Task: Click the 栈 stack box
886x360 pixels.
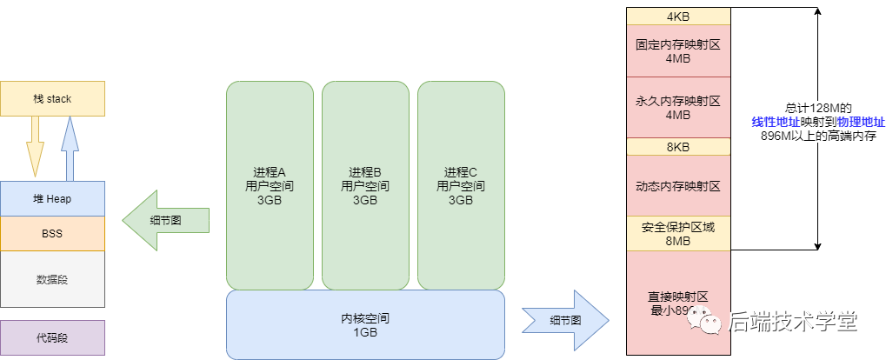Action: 52,99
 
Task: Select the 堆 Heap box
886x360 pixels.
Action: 52,199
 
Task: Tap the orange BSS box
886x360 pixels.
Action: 52,234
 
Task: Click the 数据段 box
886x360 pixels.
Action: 52,279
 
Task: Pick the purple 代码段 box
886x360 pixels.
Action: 52,337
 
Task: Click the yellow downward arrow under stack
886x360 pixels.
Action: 34,147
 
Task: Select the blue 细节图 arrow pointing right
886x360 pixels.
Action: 565,320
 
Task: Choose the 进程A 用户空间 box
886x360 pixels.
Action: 270,185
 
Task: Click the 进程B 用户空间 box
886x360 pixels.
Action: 365,185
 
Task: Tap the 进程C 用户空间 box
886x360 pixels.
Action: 461,185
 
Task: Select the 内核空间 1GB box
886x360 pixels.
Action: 365,324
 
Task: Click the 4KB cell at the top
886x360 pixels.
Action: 678,17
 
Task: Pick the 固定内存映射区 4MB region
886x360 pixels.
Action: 678,50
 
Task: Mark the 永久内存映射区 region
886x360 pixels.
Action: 678,107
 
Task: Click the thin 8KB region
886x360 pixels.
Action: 678,147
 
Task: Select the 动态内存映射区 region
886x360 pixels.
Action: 678,186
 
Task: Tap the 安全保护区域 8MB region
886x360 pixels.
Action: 678,234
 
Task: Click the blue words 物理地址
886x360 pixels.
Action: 861,122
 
